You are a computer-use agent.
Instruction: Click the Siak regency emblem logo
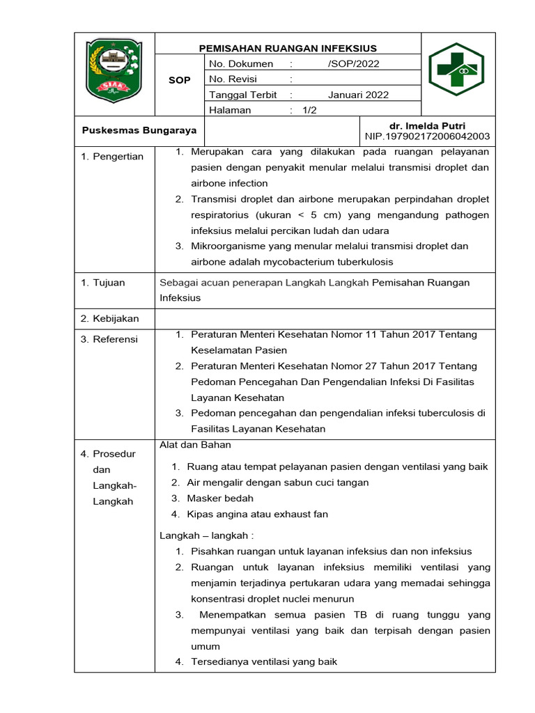(x=114, y=72)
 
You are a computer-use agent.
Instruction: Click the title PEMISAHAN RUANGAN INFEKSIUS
(x=288, y=48)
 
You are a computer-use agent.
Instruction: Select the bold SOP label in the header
(x=179, y=80)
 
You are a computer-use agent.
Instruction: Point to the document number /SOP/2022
(x=353, y=64)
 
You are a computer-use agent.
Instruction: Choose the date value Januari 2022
(x=358, y=95)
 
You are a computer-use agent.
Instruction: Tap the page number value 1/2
(x=309, y=110)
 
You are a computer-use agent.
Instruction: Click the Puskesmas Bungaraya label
(x=139, y=130)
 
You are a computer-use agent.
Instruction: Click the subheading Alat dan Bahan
(x=195, y=445)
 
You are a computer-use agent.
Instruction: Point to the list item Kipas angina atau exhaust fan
(x=257, y=515)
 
